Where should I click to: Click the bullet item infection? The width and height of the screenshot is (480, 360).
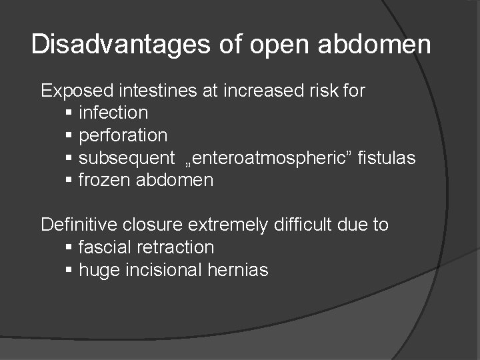(113, 113)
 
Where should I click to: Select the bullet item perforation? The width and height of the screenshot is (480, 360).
(123, 135)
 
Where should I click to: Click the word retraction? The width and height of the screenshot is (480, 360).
(175, 247)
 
